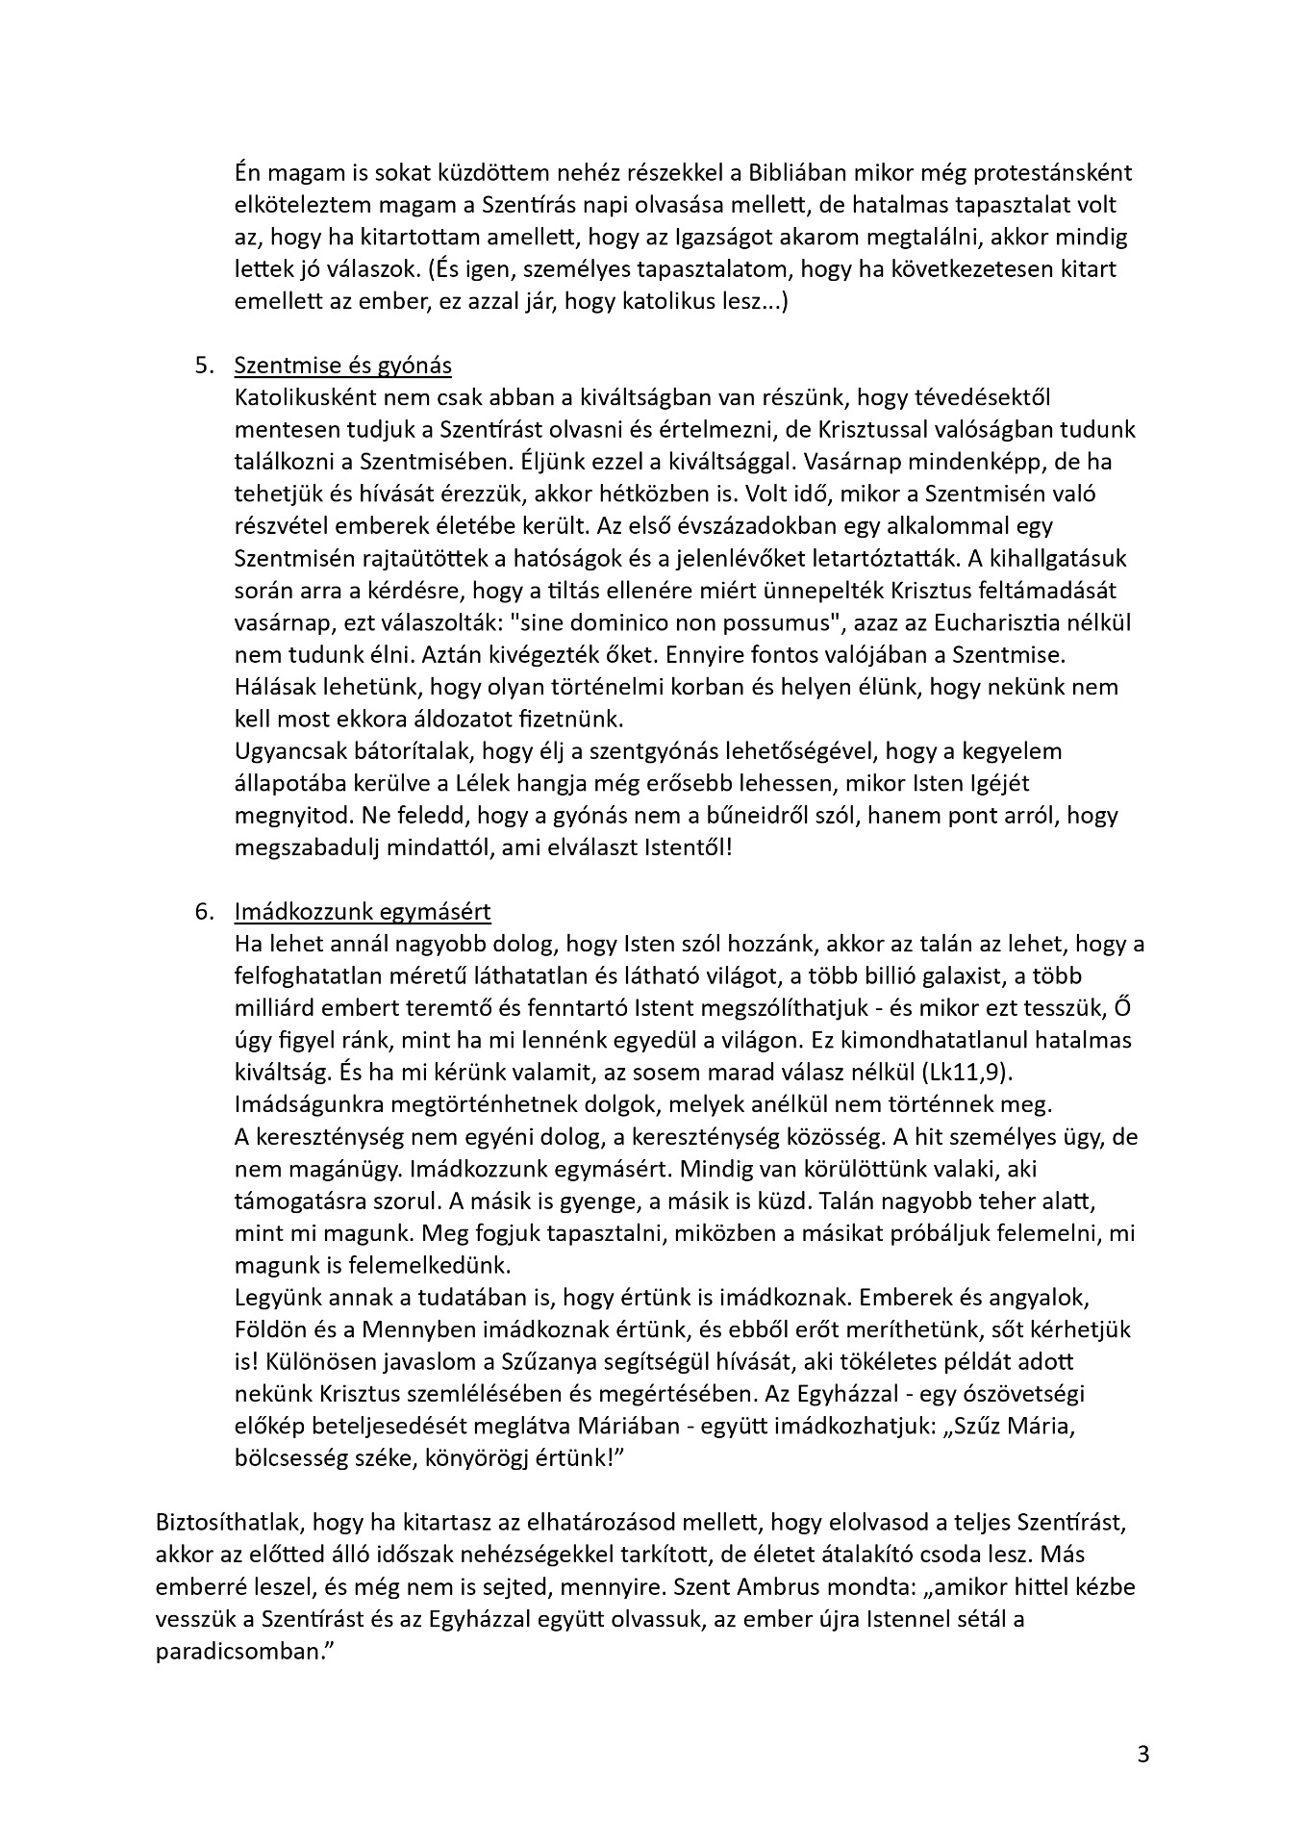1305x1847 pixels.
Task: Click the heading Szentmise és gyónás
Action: coord(342,366)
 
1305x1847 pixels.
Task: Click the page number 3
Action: coord(1142,1753)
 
